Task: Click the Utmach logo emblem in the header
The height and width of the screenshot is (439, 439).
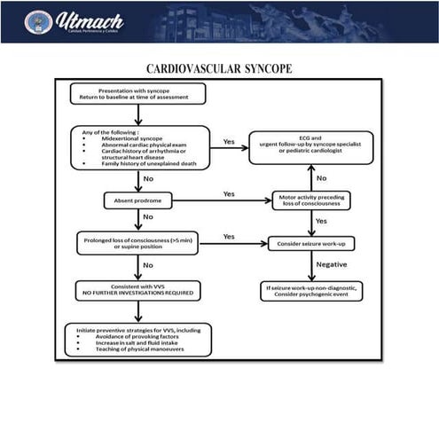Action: click(38, 21)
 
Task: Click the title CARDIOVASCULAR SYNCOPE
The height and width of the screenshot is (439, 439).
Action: click(219, 69)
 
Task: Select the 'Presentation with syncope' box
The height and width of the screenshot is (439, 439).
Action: click(137, 94)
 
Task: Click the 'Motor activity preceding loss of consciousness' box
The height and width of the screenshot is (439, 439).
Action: click(311, 201)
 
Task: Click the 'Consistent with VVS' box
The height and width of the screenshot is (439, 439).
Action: click(137, 290)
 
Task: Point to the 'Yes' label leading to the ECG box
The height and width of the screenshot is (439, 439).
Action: click(229, 142)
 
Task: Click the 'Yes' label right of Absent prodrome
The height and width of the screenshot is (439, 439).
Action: click(229, 193)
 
